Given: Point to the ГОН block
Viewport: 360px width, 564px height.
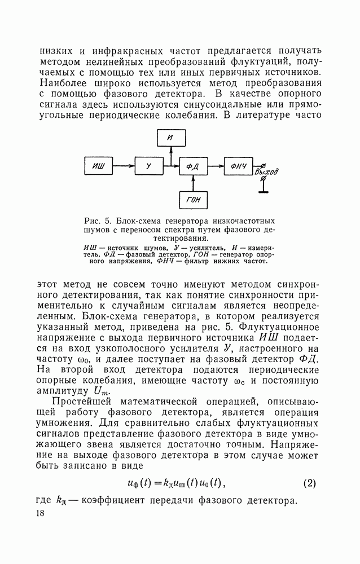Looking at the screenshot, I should pyautogui.click(x=194, y=200).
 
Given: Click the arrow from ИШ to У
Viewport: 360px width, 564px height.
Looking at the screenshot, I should pyautogui.click(x=124, y=165).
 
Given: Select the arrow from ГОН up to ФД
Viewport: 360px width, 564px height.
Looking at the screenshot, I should pyautogui.click(x=193, y=183).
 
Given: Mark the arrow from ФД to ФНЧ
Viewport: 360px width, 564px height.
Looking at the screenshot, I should pyautogui.click(x=215, y=165).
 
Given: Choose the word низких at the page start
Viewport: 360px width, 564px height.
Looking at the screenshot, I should pyautogui.click(x=55, y=51).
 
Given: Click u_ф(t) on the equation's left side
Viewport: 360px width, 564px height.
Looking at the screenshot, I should pyautogui.click(x=141, y=483).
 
